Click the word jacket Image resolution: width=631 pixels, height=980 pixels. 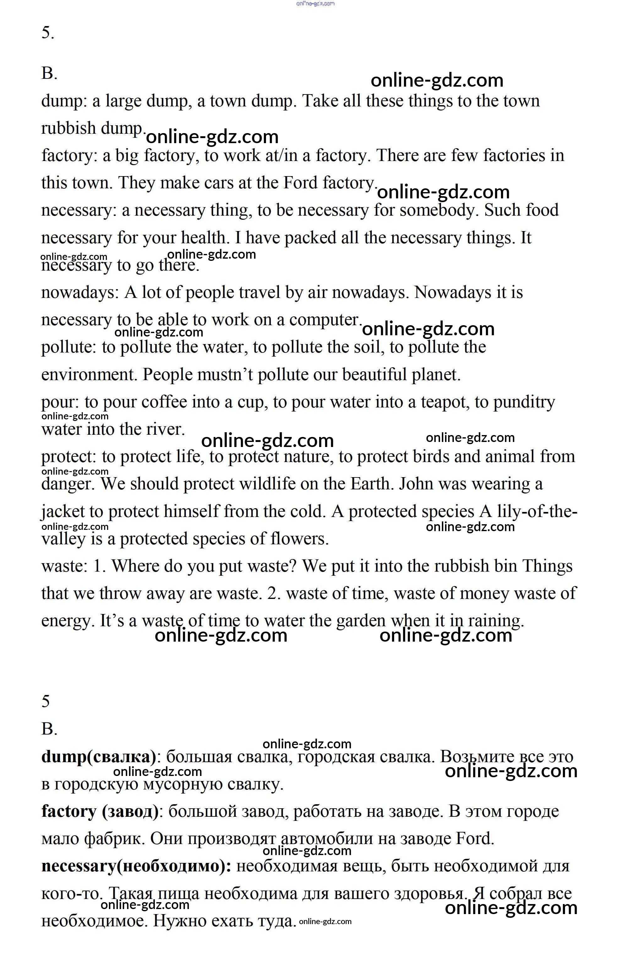click(62, 512)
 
